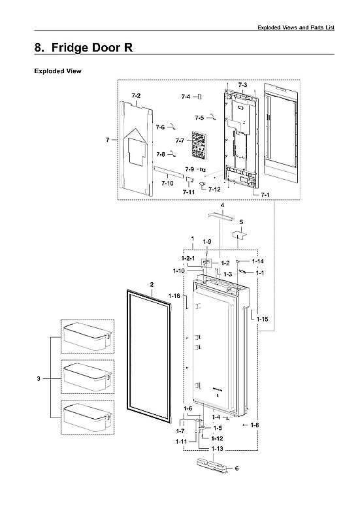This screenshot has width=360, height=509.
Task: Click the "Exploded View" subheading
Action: (57, 71)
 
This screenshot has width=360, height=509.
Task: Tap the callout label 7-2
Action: (136, 96)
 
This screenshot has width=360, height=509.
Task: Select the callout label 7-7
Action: (180, 140)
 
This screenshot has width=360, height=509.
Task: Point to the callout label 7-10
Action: (167, 184)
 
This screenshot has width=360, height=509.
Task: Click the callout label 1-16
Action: (174, 296)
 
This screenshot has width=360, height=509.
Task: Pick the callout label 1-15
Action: (262, 318)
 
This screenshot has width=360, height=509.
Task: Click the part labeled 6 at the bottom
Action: (214, 467)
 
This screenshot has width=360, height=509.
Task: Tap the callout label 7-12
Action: (214, 189)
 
